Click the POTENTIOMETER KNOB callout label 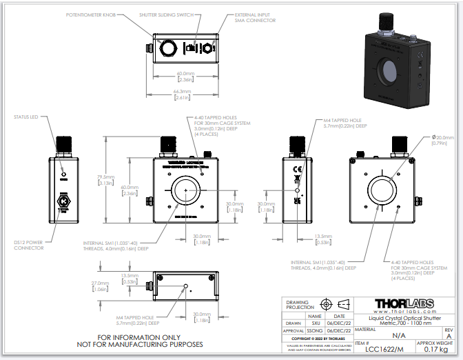(x=94, y=14)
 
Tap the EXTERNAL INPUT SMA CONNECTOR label (x=255, y=17)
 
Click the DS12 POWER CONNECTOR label (x=28, y=245)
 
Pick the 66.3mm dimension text (x=182, y=94)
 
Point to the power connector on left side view (x=62, y=203)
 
